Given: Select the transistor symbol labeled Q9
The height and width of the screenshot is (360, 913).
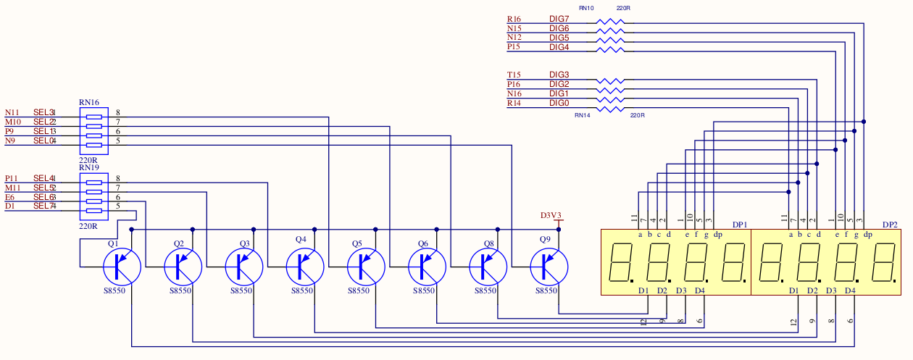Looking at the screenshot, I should tap(549, 267).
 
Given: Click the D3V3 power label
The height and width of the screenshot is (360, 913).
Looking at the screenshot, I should tap(551, 215).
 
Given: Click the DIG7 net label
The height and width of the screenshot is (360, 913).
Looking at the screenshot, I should tap(559, 19).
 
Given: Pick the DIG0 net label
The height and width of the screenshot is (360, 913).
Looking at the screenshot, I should tap(559, 104).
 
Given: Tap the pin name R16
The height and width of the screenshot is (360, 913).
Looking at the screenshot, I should tap(514, 19).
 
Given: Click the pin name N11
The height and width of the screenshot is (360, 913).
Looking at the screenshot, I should tap(12, 112).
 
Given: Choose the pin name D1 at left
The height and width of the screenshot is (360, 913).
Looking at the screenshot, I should tap(9, 206).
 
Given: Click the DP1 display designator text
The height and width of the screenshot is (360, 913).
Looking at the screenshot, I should tap(739, 225).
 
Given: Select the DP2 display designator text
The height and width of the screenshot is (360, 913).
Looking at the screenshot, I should tap(890, 225).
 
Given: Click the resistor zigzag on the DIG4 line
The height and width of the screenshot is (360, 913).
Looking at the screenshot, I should tap(609, 50).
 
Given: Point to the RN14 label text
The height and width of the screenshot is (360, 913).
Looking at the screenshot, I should tap(583, 115).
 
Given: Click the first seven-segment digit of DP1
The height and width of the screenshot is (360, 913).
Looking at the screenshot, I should tap(621, 262).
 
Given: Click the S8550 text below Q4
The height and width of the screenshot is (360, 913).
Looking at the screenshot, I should tap(302, 290).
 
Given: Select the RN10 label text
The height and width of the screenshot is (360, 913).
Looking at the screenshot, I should tap(586, 8).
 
